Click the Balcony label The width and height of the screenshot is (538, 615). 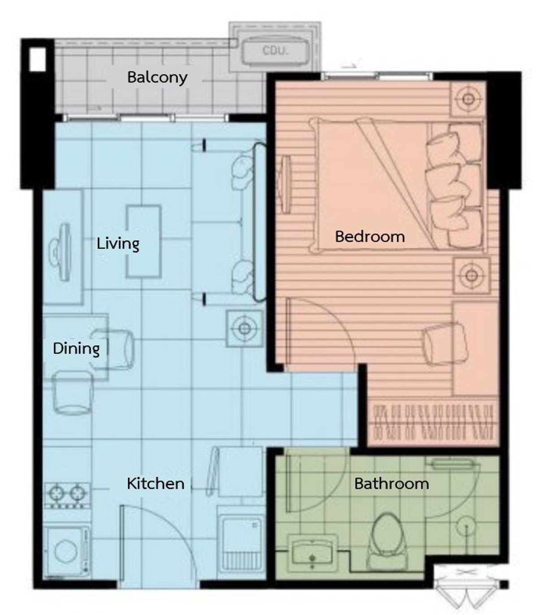coord(157,78)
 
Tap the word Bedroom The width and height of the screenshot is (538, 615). coord(370,237)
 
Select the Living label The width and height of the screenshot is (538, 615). coord(118,243)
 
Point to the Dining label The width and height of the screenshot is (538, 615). coord(76,349)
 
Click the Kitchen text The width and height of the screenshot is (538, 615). coord(156,484)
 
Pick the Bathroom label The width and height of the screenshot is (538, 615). coord(391,484)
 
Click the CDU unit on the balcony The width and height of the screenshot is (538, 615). coord(275,50)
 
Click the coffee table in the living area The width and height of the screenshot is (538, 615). coord(143,241)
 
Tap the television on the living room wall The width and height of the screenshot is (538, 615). coord(62,252)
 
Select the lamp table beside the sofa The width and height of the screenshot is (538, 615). coord(244,329)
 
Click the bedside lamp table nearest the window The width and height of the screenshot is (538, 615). coord(468,99)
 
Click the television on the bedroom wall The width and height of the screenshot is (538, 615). coord(284,185)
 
